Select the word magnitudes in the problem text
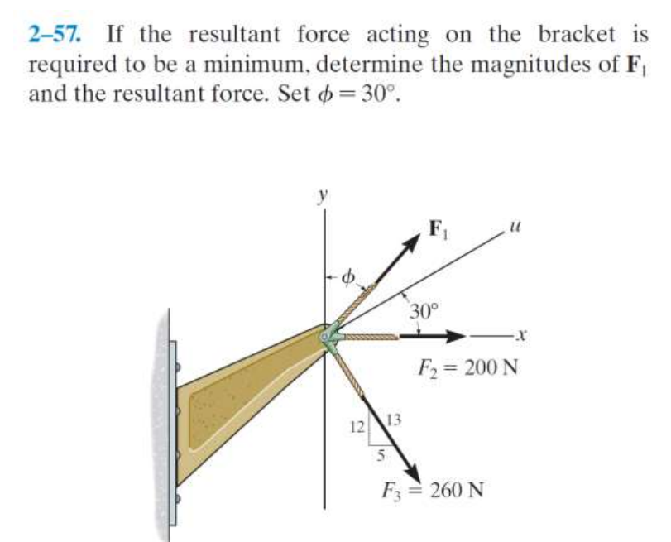[x=473, y=64]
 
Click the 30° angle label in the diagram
[x=423, y=312]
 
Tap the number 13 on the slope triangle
[x=395, y=419]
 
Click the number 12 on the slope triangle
[x=357, y=428]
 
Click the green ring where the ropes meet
[x=329, y=338]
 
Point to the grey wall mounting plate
[x=171, y=422]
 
